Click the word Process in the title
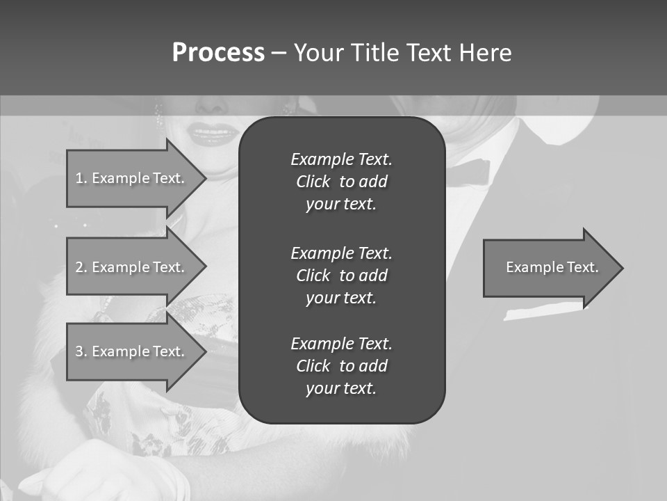click(218, 53)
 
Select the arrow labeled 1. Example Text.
click(132, 178)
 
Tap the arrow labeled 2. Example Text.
click(132, 267)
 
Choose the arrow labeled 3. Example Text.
click(132, 351)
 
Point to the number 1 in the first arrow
click(79, 178)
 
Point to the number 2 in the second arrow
click(79, 267)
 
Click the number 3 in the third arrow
click(79, 351)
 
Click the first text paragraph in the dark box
click(341, 182)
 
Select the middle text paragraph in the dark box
click(341, 275)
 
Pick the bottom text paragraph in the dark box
click(341, 366)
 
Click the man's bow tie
click(468, 171)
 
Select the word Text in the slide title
click(430, 53)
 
